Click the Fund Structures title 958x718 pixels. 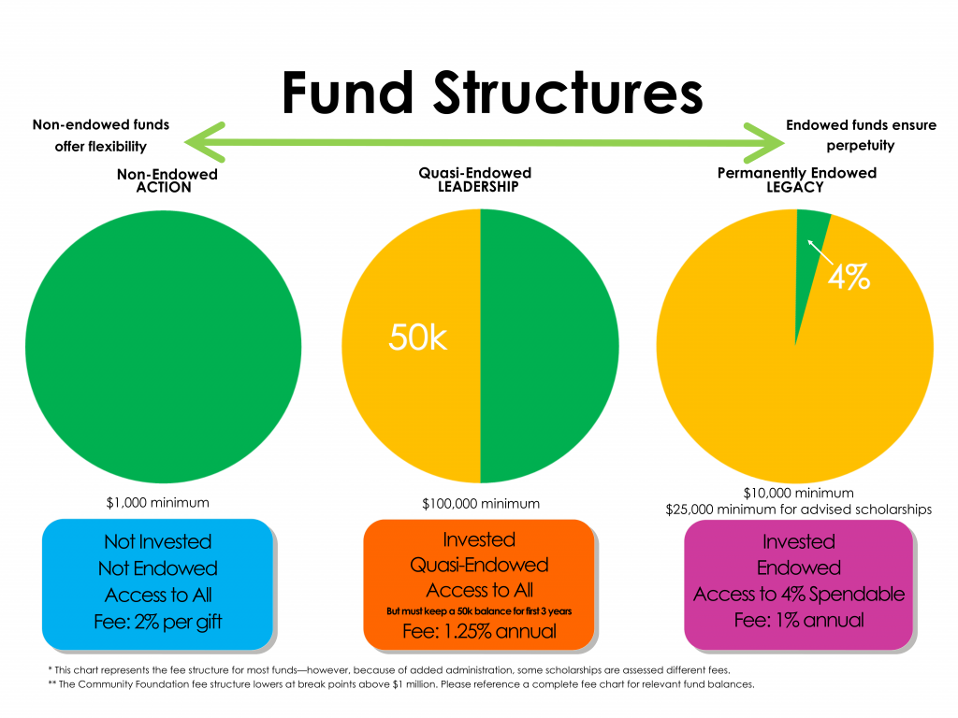pyautogui.click(x=492, y=93)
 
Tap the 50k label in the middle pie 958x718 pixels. pyautogui.click(x=418, y=337)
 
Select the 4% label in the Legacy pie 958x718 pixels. pyautogui.click(x=849, y=277)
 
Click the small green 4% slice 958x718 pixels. pyautogui.click(x=808, y=256)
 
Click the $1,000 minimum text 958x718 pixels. pyautogui.click(x=157, y=502)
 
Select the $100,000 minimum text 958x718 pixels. pyautogui.click(x=481, y=504)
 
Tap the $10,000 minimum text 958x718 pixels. pyautogui.click(x=799, y=493)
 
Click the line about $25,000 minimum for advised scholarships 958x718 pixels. pyautogui.click(x=799, y=510)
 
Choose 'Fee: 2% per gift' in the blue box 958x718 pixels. pyautogui.click(x=157, y=622)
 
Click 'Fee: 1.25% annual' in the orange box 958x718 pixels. pyautogui.click(x=480, y=631)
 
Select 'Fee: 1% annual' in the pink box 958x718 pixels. pyautogui.click(x=799, y=621)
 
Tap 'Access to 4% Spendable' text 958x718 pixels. pyautogui.click(x=799, y=594)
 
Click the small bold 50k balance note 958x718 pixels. pyautogui.click(x=479, y=610)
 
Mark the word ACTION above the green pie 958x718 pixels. pyautogui.click(x=164, y=187)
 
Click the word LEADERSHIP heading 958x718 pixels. pyautogui.click(x=478, y=187)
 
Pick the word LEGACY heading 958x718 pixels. pyautogui.click(x=795, y=187)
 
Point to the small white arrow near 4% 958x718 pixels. pyautogui.click(x=820, y=251)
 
